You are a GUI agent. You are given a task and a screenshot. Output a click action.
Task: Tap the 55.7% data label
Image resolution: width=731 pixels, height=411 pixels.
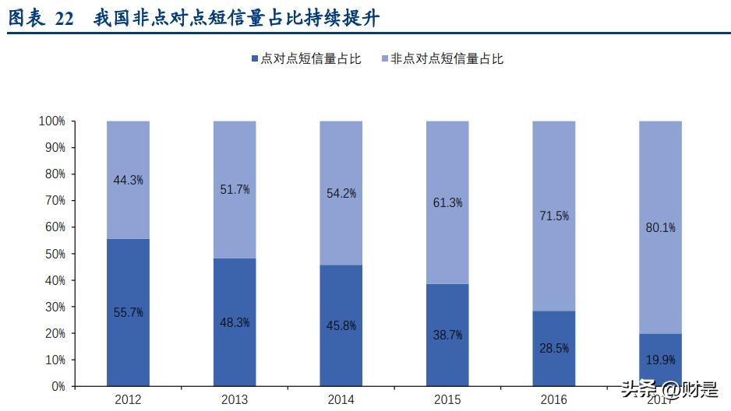(x=128, y=312)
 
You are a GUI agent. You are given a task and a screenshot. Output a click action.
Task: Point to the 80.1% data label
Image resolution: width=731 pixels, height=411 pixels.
(x=659, y=228)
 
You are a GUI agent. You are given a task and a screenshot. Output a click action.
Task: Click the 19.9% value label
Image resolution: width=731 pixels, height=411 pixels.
(x=659, y=360)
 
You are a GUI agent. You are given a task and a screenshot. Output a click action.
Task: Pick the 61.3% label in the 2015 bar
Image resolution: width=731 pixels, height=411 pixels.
(x=447, y=203)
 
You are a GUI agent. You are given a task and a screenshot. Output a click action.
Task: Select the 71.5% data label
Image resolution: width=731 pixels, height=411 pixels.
(x=553, y=216)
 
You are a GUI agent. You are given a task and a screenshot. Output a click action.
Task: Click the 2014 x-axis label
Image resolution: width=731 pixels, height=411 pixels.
(x=341, y=399)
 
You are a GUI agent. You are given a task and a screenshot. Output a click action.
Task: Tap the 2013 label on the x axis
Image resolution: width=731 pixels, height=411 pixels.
(x=235, y=399)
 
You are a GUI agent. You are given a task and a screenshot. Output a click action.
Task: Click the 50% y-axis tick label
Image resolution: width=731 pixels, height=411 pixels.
(x=54, y=254)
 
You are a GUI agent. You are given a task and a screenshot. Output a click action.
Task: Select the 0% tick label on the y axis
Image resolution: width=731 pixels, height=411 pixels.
(x=57, y=386)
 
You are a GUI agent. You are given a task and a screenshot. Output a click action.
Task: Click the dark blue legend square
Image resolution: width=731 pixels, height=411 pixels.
(x=255, y=59)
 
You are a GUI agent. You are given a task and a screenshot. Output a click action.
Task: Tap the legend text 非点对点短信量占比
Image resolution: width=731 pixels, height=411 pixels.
(x=447, y=59)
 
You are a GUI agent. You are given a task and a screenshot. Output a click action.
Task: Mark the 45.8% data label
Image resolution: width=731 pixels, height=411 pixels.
(x=341, y=325)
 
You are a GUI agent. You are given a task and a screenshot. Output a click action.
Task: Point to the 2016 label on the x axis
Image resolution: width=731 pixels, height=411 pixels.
(x=553, y=399)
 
